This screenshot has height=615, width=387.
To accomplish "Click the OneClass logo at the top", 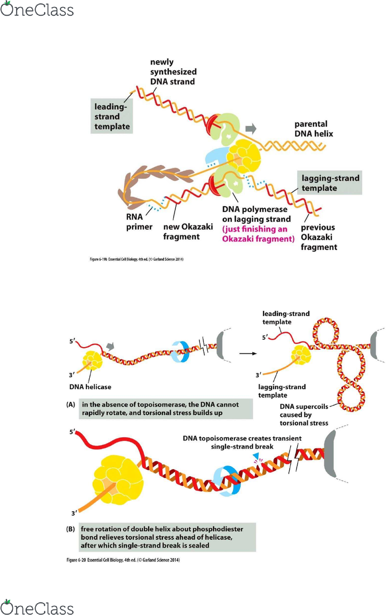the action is (x=37, y=8).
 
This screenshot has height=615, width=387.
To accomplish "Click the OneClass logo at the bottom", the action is (x=37, y=607).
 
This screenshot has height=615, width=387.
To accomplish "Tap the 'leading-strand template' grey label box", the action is (x=112, y=116).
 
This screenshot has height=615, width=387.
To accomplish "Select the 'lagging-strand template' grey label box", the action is (x=330, y=183).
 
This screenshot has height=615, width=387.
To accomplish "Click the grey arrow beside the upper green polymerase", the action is (x=251, y=128).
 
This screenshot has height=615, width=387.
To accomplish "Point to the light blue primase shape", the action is (x=216, y=158).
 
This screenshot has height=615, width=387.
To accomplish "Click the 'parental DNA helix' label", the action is (x=314, y=129).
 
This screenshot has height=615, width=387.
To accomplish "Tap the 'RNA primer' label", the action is (x=139, y=222).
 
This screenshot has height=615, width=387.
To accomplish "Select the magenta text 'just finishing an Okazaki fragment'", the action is (x=258, y=234).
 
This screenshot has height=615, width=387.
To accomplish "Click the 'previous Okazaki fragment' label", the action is (x=319, y=237).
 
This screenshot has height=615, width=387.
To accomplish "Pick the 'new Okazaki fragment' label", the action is (x=188, y=232).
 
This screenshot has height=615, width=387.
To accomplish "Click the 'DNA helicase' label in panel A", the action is (x=90, y=387).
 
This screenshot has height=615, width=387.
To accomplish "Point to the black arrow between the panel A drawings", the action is (x=248, y=354).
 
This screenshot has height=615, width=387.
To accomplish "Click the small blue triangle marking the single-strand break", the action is (x=256, y=456).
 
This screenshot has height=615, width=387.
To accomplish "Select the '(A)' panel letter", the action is (x=71, y=405).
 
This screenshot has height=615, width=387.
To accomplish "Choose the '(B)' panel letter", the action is (x=71, y=529).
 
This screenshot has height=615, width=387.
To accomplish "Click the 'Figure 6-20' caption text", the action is (x=123, y=560).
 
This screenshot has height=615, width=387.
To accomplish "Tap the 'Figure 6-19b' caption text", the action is (x=136, y=259).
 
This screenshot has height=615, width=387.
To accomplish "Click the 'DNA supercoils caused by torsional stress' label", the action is (x=304, y=414).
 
